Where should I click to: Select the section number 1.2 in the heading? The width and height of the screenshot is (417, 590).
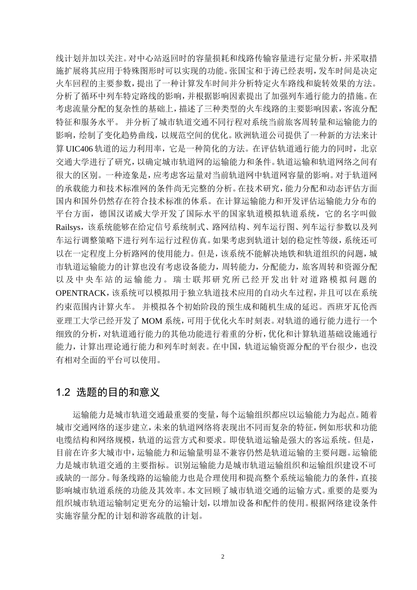click(64, 392)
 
